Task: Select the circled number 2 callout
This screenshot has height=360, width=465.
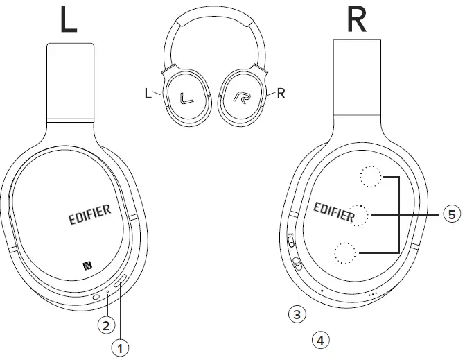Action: coord(105,323)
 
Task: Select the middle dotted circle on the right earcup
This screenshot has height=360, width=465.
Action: coord(359,216)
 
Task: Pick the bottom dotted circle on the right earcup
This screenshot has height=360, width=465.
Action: coord(344,254)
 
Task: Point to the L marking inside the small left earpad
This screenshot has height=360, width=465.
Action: coord(185,98)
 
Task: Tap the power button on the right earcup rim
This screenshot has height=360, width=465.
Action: coord(298,264)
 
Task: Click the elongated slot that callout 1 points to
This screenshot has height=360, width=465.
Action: coord(121,281)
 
